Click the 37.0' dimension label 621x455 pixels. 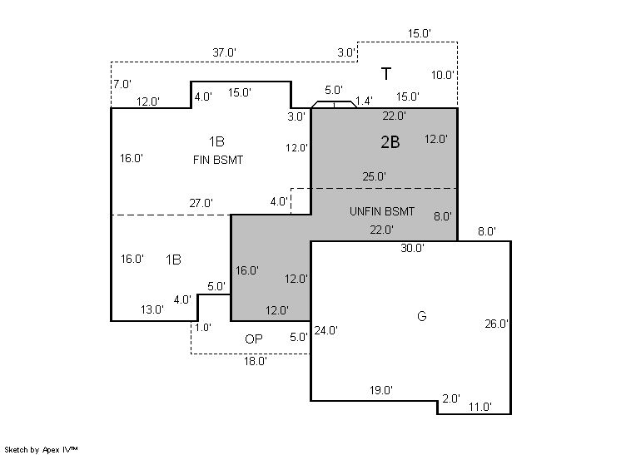224,52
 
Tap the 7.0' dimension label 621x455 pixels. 122,84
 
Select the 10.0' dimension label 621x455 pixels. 443,75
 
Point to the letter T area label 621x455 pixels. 386,74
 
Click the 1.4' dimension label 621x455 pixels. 364,101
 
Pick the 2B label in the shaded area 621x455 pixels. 390,142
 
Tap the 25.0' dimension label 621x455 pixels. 375,176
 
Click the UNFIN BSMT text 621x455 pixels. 382,212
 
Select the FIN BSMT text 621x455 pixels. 217,160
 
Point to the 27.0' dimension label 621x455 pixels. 201,203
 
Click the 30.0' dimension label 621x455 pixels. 412,248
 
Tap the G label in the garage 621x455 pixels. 421,316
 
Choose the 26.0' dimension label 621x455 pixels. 497,324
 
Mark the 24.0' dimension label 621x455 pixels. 325,330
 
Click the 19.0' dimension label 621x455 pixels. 381,390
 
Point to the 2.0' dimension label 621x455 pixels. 450,399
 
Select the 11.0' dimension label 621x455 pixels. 479,408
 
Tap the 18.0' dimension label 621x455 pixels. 255,362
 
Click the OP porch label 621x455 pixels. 254,339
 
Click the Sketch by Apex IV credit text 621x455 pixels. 42,449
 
